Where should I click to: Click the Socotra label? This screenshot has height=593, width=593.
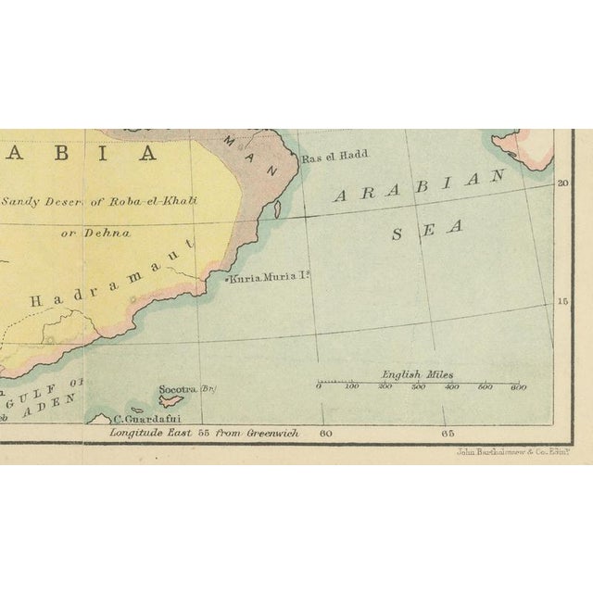pos(176,390)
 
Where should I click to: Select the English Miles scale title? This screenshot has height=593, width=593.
pos(418,375)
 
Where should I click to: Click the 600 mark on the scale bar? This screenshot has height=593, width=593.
pos(518,387)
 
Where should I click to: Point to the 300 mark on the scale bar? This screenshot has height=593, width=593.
pos(418,387)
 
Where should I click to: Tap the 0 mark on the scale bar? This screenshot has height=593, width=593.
pos(319,387)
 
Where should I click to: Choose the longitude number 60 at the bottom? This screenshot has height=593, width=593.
pos(325,433)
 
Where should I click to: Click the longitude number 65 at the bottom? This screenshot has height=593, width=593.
pos(448,433)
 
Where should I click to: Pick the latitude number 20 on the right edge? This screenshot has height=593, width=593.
pos(561,183)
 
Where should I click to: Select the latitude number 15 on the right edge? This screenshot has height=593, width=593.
pos(561,301)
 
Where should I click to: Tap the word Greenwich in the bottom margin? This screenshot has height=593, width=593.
pos(271,433)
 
